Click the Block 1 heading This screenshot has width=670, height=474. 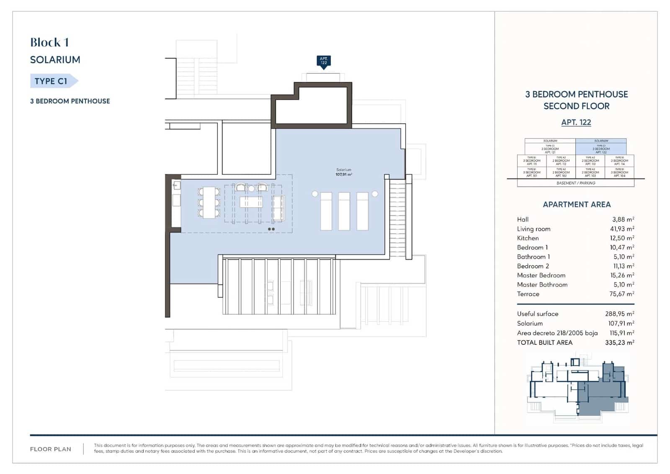pos(49,42)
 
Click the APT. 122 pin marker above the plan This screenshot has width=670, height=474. pos(324,61)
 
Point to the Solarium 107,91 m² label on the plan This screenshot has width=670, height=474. pos(344,172)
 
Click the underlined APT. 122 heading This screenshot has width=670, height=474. pos(576,122)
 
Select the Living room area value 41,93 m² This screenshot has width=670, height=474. pos(622,229)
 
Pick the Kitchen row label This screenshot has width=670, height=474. pos(528,238)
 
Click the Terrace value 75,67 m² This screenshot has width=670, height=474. pos(621,294)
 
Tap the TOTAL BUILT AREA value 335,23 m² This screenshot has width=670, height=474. pos(619,343)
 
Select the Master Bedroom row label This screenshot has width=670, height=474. pos(541,276)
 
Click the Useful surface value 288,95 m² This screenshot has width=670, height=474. pos(619,314)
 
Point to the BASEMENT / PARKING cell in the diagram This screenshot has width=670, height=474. pos(576,183)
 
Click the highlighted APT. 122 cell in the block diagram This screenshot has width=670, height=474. pos(601,148)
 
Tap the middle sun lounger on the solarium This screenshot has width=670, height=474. pos(344,211)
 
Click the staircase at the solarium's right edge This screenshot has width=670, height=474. pos(397,218)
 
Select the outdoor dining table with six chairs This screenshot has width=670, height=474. pos(209,203)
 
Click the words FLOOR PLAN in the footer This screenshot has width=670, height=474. pos(51,449)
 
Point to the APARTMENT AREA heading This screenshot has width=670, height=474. pos(577,205)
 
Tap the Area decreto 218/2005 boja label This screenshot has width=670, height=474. pos(557,333)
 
